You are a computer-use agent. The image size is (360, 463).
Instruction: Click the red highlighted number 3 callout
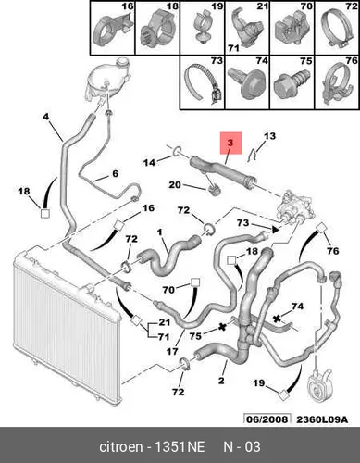230,143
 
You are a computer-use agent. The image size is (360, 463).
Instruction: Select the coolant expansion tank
108,81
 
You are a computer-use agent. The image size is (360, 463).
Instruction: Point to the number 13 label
269,136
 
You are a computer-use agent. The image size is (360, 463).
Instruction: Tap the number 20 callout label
175,185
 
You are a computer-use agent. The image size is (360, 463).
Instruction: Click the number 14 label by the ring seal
150,162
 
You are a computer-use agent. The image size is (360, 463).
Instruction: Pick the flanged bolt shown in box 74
246,82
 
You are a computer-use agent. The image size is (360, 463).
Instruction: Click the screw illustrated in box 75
292,84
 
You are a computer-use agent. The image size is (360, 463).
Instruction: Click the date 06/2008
267,419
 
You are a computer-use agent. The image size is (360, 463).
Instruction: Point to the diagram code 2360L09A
322,419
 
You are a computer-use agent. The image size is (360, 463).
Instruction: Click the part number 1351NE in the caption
180,446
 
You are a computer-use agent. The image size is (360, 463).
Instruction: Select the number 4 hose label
45,117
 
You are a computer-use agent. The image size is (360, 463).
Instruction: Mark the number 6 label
115,173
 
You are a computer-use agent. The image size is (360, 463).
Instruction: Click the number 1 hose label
160,231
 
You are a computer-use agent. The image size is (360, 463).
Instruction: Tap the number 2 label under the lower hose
221,381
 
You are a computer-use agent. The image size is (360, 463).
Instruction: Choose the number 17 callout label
172,351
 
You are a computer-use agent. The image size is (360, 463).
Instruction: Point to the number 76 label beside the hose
332,251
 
